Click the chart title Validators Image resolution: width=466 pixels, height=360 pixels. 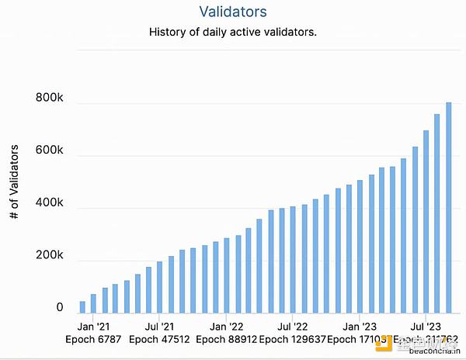(x=233, y=12)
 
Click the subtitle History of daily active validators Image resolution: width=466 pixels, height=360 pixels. (x=232, y=33)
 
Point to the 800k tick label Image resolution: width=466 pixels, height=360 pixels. (x=49, y=99)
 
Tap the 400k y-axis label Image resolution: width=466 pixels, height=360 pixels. (x=49, y=204)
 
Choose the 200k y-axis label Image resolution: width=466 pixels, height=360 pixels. (x=49, y=257)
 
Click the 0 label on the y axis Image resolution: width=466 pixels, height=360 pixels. (x=59, y=308)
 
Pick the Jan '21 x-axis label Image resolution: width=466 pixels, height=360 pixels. (x=93, y=327)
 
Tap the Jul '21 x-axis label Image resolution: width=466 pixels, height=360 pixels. (x=159, y=327)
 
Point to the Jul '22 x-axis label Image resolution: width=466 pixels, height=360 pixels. (x=291, y=327)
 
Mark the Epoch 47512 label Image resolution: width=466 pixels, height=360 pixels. (x=159, y=340)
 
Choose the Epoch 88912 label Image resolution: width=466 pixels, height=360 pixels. (x=225, y=340)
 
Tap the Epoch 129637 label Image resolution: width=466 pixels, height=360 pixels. (x=292, y=340)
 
